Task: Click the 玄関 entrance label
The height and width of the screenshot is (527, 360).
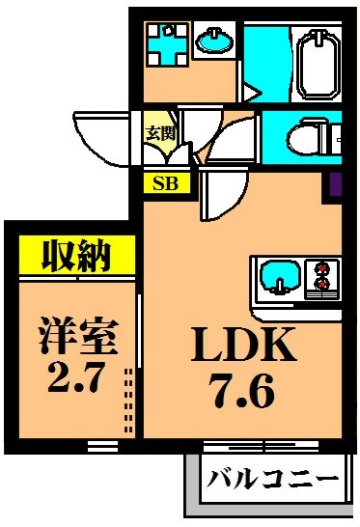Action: pos(158,132)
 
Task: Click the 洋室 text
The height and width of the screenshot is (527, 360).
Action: pos(78,338)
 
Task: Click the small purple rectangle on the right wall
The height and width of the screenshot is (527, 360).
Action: pos(336,184)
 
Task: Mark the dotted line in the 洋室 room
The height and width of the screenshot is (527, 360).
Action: pos(128,396)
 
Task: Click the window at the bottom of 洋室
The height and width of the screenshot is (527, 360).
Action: pos(100,445)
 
